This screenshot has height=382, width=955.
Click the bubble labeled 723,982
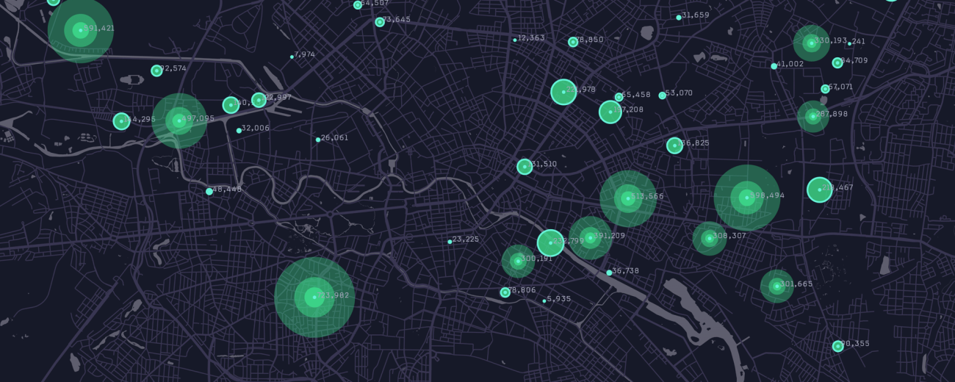314,298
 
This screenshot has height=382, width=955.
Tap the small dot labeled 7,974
292,57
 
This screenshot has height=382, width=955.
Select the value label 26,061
334,138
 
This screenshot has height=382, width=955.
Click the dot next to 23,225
450,242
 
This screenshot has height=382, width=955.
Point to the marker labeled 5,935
544,300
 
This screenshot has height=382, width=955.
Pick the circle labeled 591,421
80,30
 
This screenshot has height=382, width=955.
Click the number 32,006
256,129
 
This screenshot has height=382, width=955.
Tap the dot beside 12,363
514,40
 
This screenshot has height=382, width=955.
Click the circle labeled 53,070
662,95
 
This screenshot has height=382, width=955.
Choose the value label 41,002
790,65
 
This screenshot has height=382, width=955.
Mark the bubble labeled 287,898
812,116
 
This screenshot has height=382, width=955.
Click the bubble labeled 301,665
776,286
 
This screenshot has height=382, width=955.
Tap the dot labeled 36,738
609,273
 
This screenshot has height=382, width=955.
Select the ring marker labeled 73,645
380,22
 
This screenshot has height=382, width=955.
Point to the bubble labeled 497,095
179,120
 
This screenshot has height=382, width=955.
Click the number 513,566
647,197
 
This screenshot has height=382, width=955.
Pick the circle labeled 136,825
674,145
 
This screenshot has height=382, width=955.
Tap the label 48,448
227,190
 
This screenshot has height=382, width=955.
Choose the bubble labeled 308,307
709,238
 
